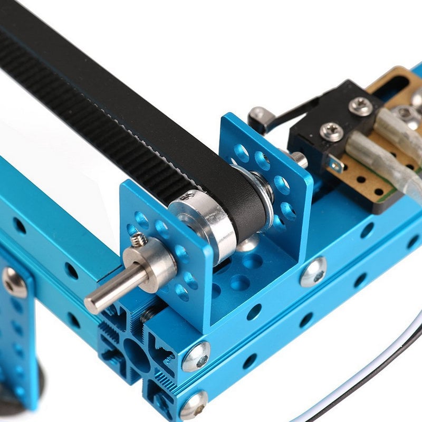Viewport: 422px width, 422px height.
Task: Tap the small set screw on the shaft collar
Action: [x=138, y=241]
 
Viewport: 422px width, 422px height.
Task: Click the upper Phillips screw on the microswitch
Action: [x=361, y=105]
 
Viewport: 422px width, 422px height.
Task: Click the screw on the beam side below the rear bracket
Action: [x=313, y=272]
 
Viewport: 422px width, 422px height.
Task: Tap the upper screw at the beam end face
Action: [x=196, y=356]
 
